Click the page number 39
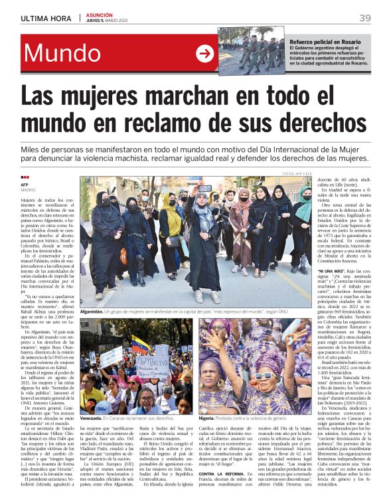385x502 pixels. tap(365, 18)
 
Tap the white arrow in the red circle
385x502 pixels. tap(205, 54)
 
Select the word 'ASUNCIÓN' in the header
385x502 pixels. tap(99, 15)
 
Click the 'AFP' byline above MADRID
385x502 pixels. tap(26, 186)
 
